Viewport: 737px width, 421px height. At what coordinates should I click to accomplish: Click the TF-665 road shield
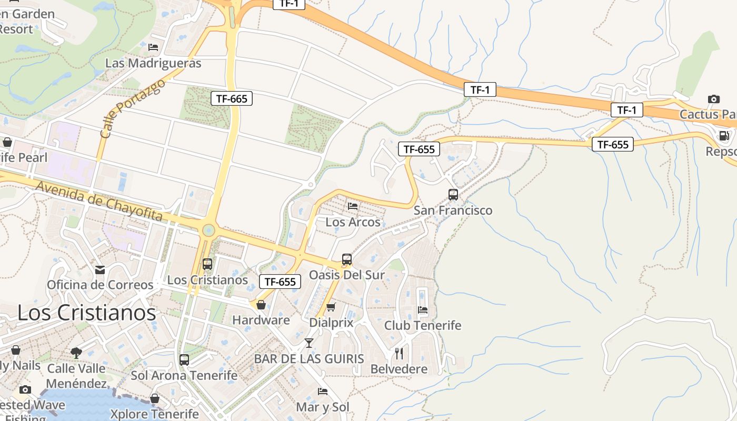pyautogui.click(x=232, y=98)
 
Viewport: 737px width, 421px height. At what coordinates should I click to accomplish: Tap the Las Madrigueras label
pyautogui.click(x=153, y=63)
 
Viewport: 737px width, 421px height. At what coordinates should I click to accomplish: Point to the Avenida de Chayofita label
pyautogui.click(x=99, y=201)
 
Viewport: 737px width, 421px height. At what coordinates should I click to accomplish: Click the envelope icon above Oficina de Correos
pyautogui.click(x=99, y=270)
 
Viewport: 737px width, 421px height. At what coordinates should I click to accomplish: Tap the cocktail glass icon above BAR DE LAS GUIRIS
pyautogui.click(x=309, y=343)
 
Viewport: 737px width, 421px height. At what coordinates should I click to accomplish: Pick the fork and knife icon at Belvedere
pyautogui.click(x=399, y=353)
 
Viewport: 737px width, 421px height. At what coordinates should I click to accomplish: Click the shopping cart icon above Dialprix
pyautogui.click(x=331, y=307)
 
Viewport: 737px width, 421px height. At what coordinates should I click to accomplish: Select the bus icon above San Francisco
pyautogui.click(x=453, y=195)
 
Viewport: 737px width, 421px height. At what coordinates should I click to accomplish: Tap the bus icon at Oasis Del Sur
pyautogui.click(x=346, y=259)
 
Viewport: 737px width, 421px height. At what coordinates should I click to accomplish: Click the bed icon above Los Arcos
pyautogui.click(x=353, y=206)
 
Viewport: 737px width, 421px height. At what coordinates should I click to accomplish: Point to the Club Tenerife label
pyautogui.click(x=423, y=325)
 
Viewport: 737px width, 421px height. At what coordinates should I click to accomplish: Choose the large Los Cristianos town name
pyautogui.click(x=87, y=313)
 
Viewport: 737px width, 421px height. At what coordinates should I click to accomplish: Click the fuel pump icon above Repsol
pyautogui.click(x=724, y=136)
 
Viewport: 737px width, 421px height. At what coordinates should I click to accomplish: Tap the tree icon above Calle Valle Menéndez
pyautogui.click(x=76, y=353)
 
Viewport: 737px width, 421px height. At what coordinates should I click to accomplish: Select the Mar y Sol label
pyautogui.click(x=323, y=407)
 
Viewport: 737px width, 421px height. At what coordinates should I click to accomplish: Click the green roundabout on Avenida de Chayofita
pyautogui.click(x=208, y=230)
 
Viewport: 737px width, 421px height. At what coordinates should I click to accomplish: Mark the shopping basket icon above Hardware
pyautogui.click(x=261, y=305)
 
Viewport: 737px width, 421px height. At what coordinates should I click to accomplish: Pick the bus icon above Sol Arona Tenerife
pyautogui.click(x=184, y=360)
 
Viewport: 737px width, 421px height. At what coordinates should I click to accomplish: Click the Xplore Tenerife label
pyautogui.click(x=154, y=414)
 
